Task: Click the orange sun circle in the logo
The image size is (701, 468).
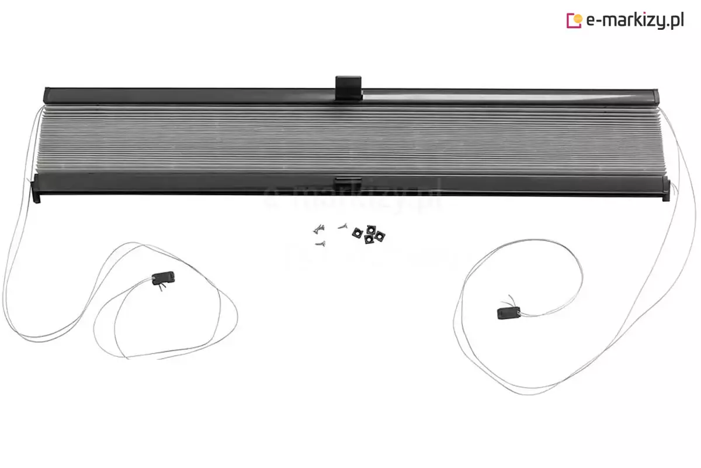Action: [x=578, y=19]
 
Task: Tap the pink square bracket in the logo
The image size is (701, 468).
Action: [x=571, y=20]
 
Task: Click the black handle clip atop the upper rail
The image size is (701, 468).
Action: [x=349, y=88]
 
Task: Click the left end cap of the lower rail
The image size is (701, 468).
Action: [x=36, y=190]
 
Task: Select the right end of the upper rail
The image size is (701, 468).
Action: [x=655, y=97]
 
